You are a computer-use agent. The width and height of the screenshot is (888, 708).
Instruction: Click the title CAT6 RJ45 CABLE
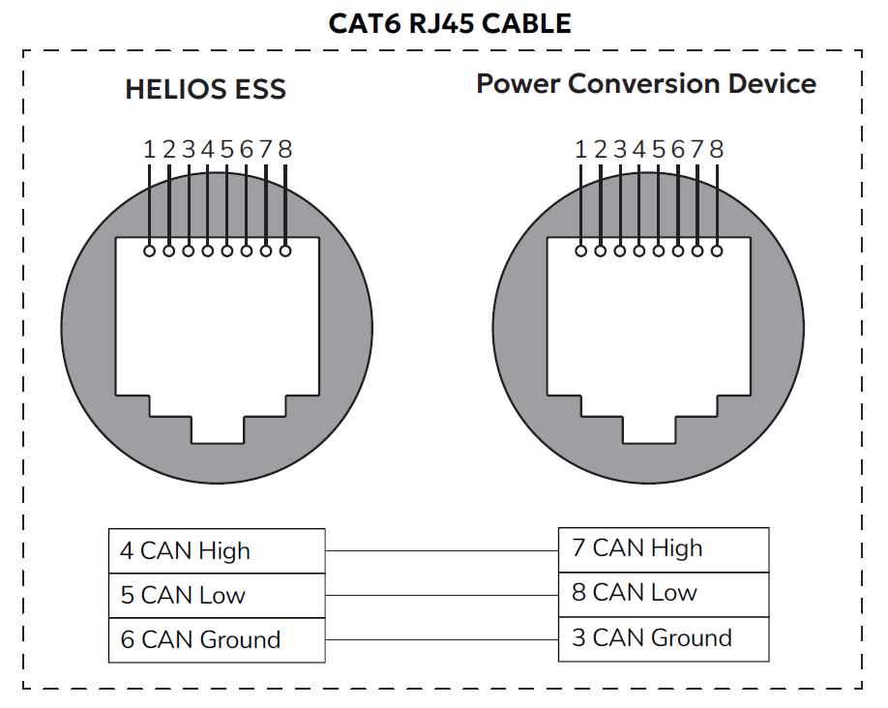click(x=450, y=22)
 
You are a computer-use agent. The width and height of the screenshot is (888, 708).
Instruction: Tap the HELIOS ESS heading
click(x=205, y=90)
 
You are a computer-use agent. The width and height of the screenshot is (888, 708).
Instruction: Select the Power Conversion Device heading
click(x=645, y=83)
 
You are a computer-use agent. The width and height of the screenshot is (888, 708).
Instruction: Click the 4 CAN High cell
click(x=217, y=550)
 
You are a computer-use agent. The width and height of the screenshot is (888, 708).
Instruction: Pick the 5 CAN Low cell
click(x=217, y=595)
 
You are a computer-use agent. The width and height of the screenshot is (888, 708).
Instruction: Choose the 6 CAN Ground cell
click(x=217, y=639)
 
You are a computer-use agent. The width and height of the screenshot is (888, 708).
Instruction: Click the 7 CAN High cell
click(x=664, y=548)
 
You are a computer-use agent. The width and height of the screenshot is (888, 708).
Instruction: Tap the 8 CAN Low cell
click(x=664, y=592)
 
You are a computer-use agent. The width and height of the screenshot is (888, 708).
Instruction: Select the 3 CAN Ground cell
click(x=664, y=637)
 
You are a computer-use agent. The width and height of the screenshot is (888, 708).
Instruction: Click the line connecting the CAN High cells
click(x=442, y=550)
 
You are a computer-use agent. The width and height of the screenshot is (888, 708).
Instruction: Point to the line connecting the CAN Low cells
click(x=442, y=595)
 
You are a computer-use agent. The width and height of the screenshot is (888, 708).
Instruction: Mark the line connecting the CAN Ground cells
click(x=442, y=639)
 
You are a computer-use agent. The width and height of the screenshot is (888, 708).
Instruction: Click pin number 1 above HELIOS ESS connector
click(x=149, y=149)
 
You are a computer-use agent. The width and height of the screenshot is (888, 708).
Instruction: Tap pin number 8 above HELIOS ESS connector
click(x=284, y=149)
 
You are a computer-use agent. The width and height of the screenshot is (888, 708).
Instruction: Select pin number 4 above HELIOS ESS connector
click(x=207, y=149)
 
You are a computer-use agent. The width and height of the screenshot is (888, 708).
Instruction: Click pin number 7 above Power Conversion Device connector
click(x=696, y=149)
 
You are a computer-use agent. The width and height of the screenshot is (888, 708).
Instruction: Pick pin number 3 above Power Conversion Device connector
click(x=619, y=149)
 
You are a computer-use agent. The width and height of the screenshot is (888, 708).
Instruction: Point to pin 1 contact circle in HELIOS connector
click(x=149, y=251)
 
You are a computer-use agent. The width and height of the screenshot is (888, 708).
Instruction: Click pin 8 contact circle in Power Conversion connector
click(x=716, y=251)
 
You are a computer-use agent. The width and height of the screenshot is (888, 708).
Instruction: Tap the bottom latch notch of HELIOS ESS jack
click(x=217, y=429)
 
